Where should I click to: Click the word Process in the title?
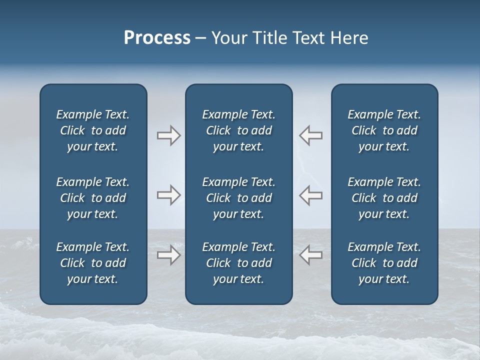click(x=157, y=38)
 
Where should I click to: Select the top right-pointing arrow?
click(x=168, y=135)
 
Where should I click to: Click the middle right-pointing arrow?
click(x=168, y=195)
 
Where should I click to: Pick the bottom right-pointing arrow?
click(x=168, y=255)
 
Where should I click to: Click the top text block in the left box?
click(x=93, y=130)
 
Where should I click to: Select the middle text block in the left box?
click(x=93, y=198)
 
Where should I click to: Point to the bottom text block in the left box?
click(x=93, y=263)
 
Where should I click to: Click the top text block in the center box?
click(x=238, y=130)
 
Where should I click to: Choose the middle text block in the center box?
click(x=238, y=198)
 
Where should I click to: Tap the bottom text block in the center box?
click(x=238, y=263)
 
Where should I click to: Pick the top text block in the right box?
click(x=384, y=130)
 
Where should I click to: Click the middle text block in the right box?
click(x=384, y=198)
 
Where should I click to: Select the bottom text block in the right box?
click(x=384, y=263)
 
